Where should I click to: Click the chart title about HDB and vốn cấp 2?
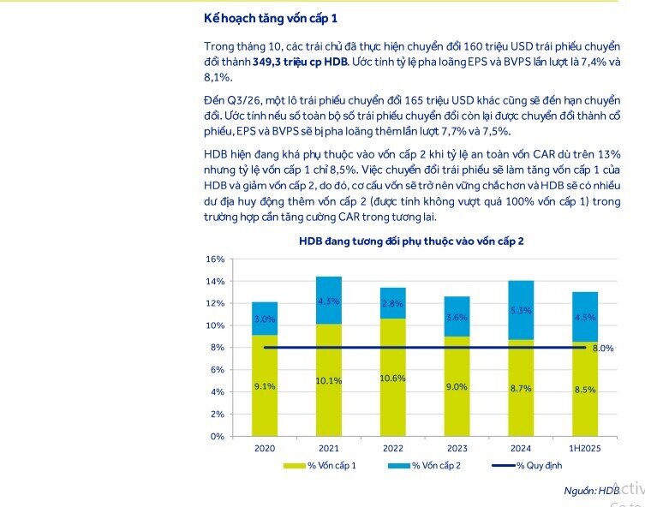tap(411, 242)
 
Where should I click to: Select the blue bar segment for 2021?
tap(330, 300)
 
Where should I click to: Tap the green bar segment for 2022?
tap(393, 377)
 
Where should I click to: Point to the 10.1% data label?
tap(330, 381)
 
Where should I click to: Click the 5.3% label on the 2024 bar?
tap(521, 311)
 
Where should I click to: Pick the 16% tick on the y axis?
tap(215, 259)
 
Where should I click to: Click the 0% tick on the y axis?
tap(218, 436)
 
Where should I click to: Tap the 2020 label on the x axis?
tap(265, 449)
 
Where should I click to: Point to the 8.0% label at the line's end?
tap(604, 349)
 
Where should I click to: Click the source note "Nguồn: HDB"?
tap(591, 491)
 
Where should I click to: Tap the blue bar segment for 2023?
tap(457, 316)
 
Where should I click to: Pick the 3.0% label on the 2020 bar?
tap(266, 319)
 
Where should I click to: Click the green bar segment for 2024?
tap(521, 388)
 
